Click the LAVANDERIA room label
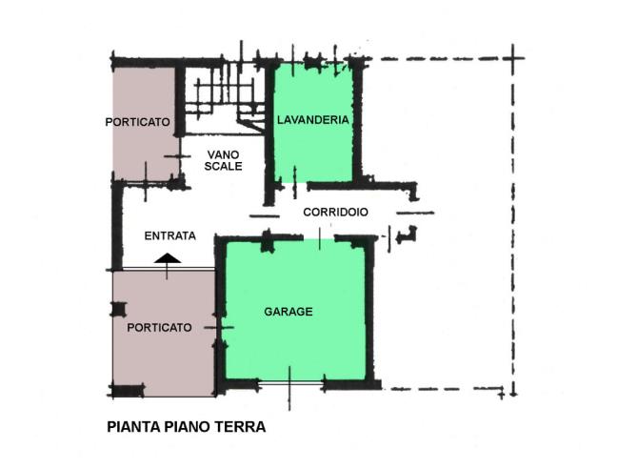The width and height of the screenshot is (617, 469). (x=313, y=120)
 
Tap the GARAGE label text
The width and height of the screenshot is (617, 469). (x=289, y=312)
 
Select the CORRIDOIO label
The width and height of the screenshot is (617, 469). (x=336, y=212)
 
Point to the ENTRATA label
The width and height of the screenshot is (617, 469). (x=170, y=235)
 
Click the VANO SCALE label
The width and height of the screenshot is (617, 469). (x=223, y=160)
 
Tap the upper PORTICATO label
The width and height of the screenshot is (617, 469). (x=138, y=122)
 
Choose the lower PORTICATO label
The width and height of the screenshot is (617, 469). (x=159, y=327)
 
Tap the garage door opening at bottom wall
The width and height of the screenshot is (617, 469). (x=290, y=382)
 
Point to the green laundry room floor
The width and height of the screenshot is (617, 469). (x=313, y=150)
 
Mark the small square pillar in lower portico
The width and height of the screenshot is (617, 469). (x=118, y=309)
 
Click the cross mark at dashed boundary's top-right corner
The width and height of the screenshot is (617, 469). (x=512, y=58)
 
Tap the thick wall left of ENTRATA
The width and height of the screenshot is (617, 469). (x=117, y=227)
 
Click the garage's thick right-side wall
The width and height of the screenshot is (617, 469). (x=369, y=311)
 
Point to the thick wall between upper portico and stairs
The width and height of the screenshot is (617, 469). (x=180, y=100)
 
